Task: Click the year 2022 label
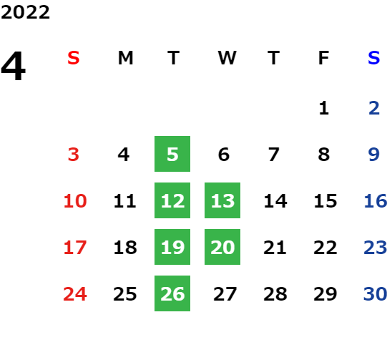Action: (25, 12)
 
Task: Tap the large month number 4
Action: (14, 66)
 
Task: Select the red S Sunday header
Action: (74, 58)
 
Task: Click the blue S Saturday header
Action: (374, 58)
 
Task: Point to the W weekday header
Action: (227, 58)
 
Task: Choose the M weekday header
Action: (125, 58)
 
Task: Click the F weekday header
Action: (324, 58)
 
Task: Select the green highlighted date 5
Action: (172, 154)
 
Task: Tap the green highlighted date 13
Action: (222, 200)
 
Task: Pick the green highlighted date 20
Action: (222, 247)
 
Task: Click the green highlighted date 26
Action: (172, 293)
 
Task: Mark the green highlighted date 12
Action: (172, 200)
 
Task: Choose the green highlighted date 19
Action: (172, 247)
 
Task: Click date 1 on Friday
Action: (324, 108)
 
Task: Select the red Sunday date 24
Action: (75, 293)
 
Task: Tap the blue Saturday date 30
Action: (376, 293)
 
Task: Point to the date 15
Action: (325, 200)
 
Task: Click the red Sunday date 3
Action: (74, 154)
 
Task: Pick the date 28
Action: (275, 293)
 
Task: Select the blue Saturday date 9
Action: (374, 154)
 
